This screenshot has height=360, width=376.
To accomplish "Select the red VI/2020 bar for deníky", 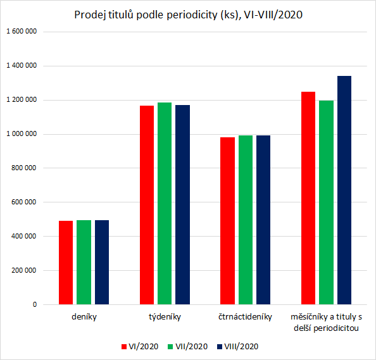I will point(66,263).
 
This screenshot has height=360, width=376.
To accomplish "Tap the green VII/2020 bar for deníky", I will point(84,262).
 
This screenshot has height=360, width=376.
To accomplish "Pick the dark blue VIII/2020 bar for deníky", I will point(101,262).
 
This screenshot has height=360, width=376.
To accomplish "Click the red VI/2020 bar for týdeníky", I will point(147,205).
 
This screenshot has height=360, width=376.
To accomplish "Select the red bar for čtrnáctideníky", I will point(227,221).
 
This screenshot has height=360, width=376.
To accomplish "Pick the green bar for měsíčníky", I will point(326,202).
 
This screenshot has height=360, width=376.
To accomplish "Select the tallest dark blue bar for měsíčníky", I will point(344,190).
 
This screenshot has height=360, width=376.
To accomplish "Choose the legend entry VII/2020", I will point(187,346).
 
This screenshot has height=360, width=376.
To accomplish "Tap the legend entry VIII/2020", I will point(237,346).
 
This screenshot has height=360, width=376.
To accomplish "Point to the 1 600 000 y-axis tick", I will point(21,32).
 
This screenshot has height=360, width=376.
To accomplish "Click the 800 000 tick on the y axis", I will point(24,168).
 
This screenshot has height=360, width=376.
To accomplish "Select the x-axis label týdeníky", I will point(165,316).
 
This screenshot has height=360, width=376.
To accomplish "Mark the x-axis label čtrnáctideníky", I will point(245,316).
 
